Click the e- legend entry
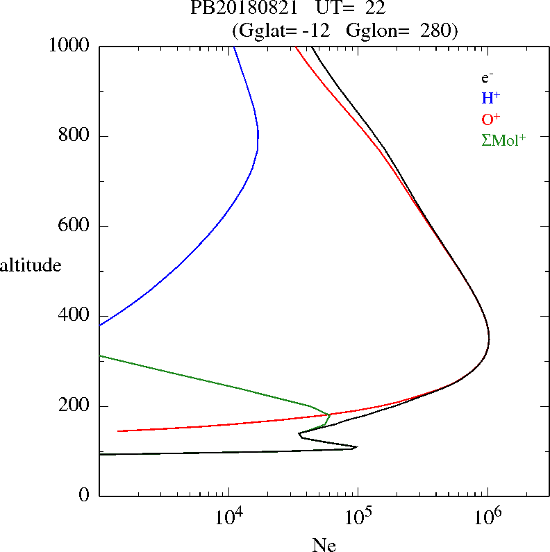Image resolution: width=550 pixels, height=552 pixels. pos(487,78)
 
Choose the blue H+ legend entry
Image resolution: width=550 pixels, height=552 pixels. pos(490,98)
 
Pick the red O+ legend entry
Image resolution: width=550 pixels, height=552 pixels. pos(491,119)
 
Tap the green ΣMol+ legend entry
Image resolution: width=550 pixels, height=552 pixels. pos(503,140)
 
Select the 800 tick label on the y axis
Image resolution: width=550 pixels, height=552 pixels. pos(76,136)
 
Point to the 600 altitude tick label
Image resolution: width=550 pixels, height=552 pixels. pos(76,226)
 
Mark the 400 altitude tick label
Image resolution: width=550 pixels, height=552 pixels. pos(76,316)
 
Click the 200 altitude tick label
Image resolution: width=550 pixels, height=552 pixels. pos(76,406)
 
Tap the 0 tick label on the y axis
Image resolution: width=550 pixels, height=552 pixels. pos(85,496)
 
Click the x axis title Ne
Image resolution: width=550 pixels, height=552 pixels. pos(323,545)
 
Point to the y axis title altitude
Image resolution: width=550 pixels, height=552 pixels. pos(31,265)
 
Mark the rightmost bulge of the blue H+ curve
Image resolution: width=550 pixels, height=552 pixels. pos(258,139)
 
